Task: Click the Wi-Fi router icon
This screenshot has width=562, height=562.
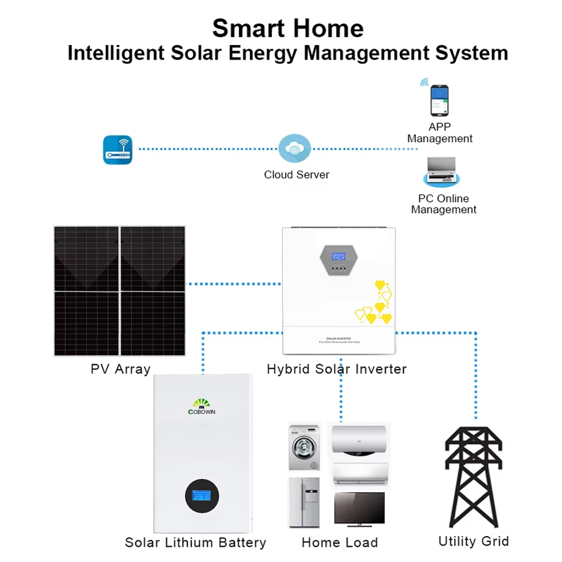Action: [x=117, y=149]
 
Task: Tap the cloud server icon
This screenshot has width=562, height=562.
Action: [x=294, y=149]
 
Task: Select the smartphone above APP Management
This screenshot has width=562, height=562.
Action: [x=439, y=100]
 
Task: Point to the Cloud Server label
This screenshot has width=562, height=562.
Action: [x=297, y=175]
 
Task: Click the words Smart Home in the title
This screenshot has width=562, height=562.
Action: [x=288, y=28]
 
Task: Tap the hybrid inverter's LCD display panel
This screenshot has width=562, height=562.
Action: [x=338, y=256]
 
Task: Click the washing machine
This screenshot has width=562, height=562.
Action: [x=304, y=447]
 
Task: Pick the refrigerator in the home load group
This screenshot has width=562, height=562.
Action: [x=304, y=502]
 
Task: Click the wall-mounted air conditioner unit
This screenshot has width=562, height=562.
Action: [x=359, y=474]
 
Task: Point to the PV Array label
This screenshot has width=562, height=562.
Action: [x=120, y=369]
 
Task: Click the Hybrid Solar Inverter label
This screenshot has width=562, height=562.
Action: [x=337, y=369]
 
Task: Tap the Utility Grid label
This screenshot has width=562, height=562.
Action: [x=473, y=541]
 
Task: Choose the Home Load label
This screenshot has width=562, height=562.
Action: [x=339, y=542]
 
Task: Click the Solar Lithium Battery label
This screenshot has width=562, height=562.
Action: [x=196, y=542]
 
